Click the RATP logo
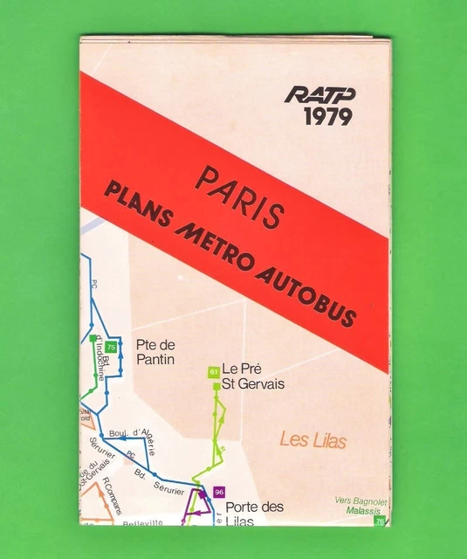[319, 93]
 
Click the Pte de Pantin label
[155, 351]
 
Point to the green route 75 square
[111, 348]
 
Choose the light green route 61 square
[213, 372]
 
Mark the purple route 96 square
[218, 492]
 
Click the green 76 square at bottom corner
[379, 521]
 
